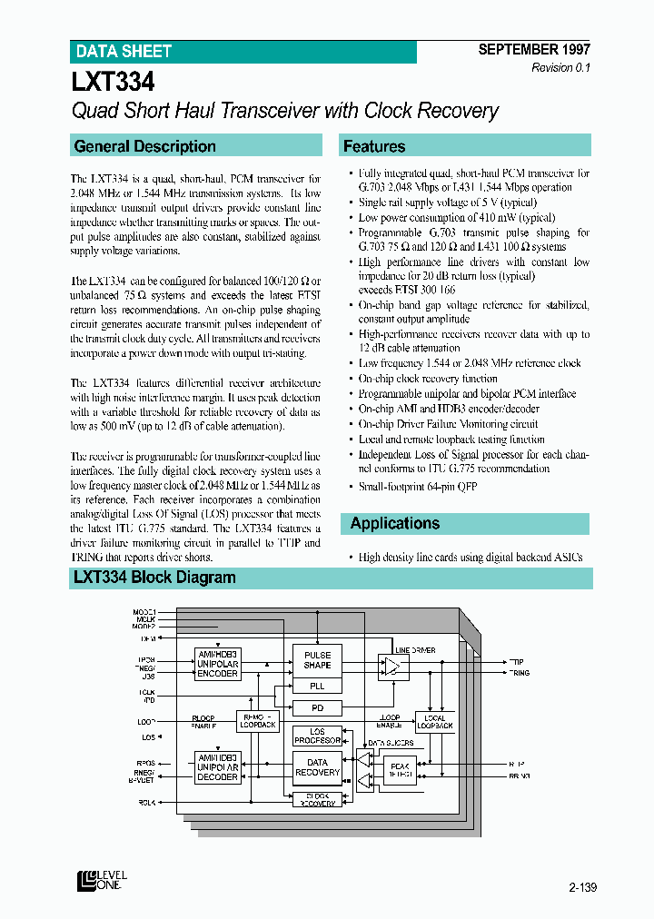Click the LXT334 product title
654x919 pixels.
point(114,83)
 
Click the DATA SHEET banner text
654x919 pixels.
point(123,52)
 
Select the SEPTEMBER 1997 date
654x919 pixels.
point(534,51)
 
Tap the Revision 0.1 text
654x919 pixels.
point(560,68)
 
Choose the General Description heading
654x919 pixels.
point(144,146)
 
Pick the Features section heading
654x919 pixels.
point(373,146)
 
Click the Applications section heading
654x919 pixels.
point(394,523)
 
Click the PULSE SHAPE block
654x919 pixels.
point(317,660)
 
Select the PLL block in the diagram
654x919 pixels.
point(317,687)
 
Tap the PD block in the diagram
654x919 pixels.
point(317,707)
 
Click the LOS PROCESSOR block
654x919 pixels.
point(317,736)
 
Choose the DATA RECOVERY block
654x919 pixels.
point(317,767)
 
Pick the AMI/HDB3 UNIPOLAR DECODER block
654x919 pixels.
point(217,767)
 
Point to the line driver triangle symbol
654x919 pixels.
point(391,667)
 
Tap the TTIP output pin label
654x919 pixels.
point(516,662)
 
